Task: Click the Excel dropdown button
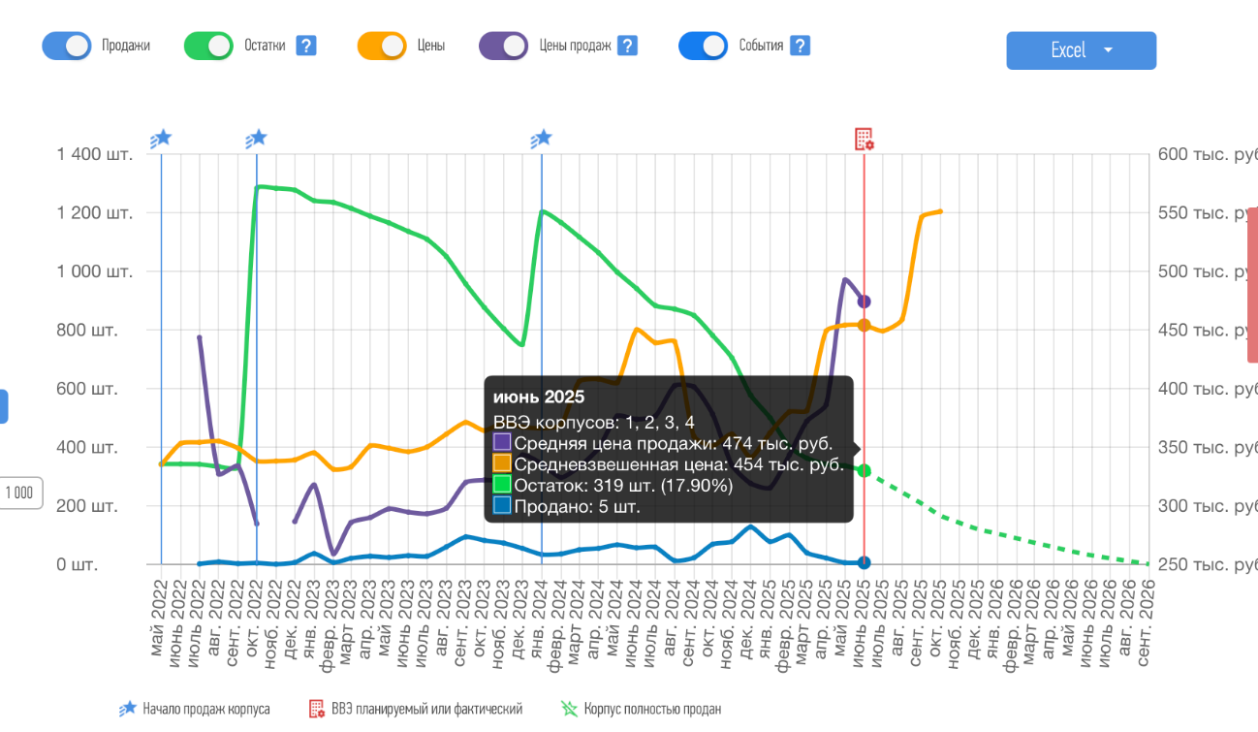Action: (1081, 50)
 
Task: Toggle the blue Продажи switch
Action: (67, 46)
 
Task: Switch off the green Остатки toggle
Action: (208, 46)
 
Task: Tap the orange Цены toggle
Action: (382, 46)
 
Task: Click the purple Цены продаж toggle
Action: (504, 46)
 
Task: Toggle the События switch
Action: (703, 46)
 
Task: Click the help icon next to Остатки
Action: (306, 46)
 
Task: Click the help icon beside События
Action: (800, 46)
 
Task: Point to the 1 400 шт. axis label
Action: (94, 154)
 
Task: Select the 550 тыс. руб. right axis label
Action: (1202, 213)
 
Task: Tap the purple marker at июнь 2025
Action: (864, 302)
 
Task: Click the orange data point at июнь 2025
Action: (864, 326)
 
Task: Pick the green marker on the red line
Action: (864, 471)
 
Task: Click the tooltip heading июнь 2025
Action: (539, 397)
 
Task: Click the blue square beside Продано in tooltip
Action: (502, 506)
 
